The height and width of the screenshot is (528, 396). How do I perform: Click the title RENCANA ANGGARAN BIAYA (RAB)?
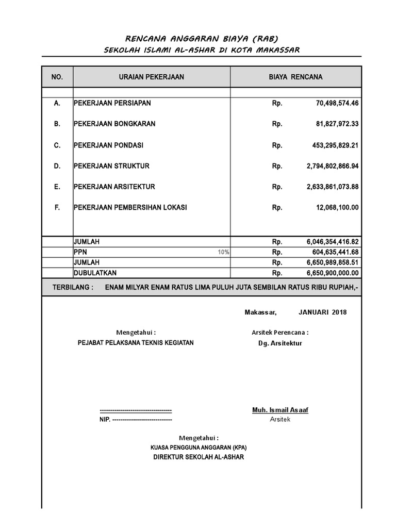click(x=197, y=39)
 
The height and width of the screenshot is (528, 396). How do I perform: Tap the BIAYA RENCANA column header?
click(x=295, y=77)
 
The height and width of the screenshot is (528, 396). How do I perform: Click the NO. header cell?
click(x=57, y=77)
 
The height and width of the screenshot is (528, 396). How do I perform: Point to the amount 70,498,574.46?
click(x=337, y=103)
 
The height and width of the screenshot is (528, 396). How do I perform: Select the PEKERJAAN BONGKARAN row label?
click(x=114, y=124)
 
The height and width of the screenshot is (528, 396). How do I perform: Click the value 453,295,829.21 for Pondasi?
click(x=335, y=145)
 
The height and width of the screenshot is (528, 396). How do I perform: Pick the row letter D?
click(x=57, y=166)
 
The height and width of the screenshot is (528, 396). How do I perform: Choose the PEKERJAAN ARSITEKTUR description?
click(x=114, y=187)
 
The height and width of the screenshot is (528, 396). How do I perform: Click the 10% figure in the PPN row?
click(x=223, y=252)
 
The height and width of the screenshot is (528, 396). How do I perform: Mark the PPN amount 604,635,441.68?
click(x=335, y=252)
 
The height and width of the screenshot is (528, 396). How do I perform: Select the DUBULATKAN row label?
click(x=95, y=273)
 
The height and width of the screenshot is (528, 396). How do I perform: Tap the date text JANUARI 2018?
click(x=322, y=312)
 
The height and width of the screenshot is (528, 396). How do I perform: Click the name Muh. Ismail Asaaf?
click(x=280, y=410)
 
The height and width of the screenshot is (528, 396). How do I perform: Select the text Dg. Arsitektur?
click(x=280, y=343)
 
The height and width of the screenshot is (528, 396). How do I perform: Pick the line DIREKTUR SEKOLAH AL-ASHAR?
click(x=198, y=457)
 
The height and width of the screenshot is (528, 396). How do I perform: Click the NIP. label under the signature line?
click(x=105, y=420)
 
